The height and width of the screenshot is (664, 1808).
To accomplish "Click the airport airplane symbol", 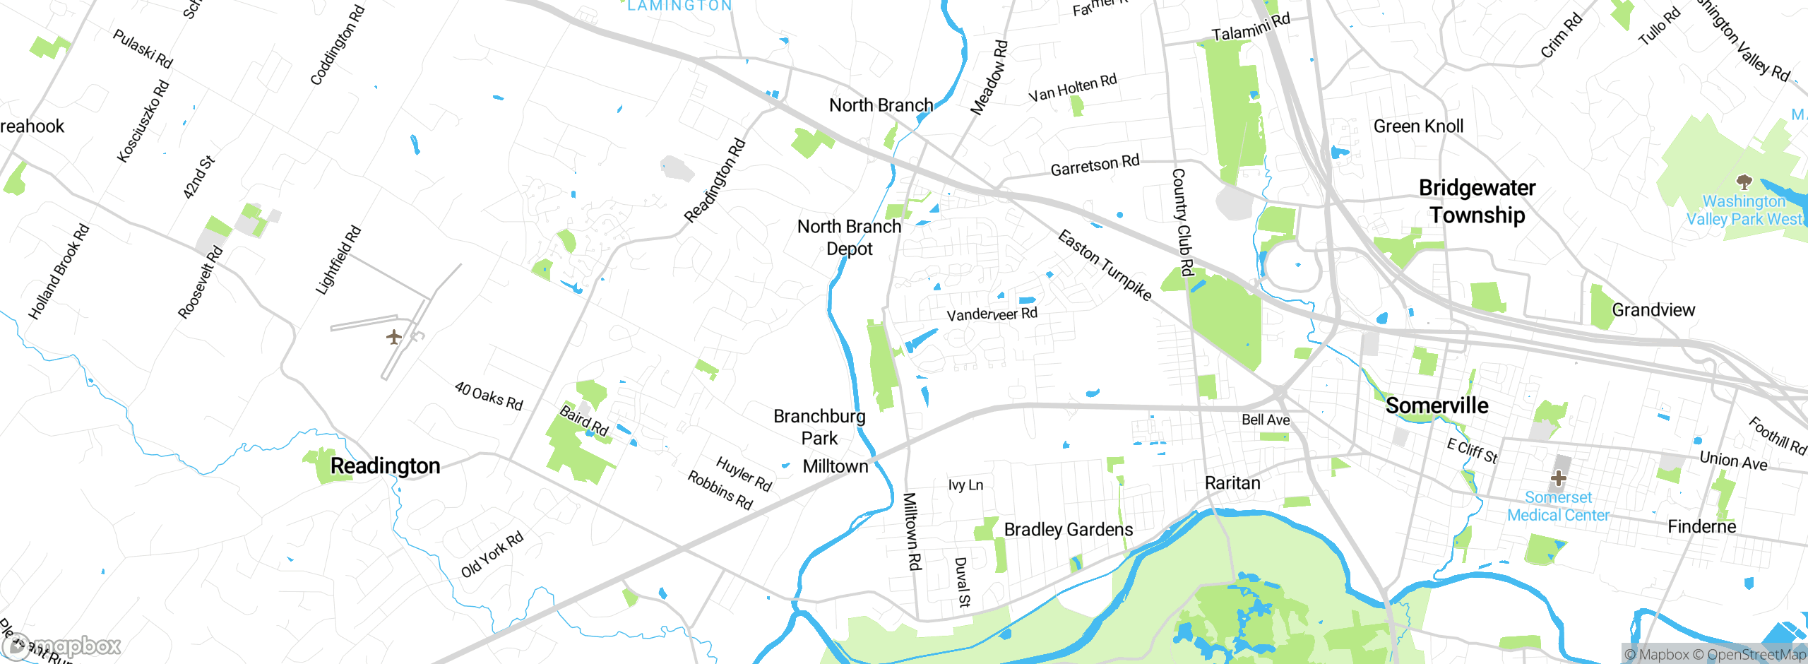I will (x=394, y=337).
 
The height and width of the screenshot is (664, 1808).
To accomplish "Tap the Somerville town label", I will (x=1437, y=405).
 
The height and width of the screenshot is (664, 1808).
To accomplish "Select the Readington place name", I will (x=385, y=466).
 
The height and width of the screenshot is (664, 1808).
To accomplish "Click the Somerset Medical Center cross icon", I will (x=1558, y=478).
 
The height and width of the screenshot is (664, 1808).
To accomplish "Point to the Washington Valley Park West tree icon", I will (x=1744, y=182).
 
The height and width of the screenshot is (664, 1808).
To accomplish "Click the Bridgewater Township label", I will (x=1477, y=201).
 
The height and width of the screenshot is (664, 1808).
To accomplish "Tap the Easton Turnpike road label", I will (x=1105, y=266).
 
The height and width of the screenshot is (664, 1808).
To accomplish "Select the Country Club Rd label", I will (x=1182, y=222).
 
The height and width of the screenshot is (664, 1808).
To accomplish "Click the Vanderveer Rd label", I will (x=992, y=314).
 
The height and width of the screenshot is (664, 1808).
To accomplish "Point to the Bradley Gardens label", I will (x=1068, y=530).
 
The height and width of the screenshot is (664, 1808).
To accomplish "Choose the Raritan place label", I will (x=1232, y=483).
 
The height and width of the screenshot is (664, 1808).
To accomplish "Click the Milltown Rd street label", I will (x=912, y=531).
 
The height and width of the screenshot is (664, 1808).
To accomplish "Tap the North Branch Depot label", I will (x=849, y=237).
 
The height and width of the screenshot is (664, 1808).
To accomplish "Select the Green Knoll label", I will (x=1418, y=126).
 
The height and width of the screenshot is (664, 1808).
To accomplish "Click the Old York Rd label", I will (x=492, y=555).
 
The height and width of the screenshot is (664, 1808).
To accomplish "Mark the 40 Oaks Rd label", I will (x=489, y=396).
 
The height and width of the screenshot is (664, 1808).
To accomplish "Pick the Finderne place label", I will (x=1701, y=527).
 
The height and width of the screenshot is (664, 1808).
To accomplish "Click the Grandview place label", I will (x=1653, y=310).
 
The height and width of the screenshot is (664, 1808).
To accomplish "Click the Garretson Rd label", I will (x=1095, y=165).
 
